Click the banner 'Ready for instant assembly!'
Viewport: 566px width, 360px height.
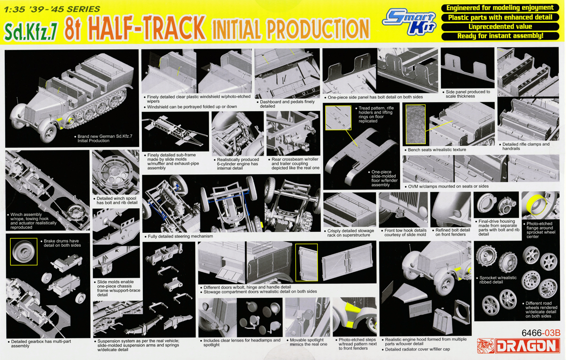pos(500,36)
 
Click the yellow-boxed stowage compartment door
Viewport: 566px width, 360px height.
pos(307,262)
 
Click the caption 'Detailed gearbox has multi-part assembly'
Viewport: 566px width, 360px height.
pos(40,343)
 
